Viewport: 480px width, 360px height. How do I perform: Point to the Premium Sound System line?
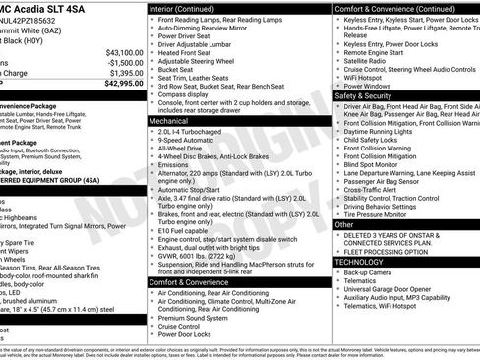tap(200, 318)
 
